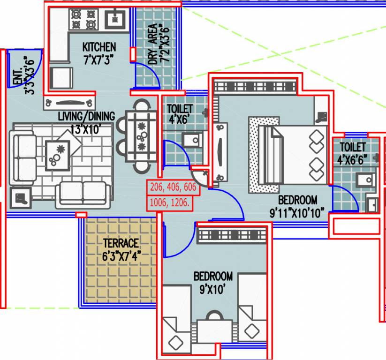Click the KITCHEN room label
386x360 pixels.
point(99,47)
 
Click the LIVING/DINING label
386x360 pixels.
point(86,116)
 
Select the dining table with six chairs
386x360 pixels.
point(140,136)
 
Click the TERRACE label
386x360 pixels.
point(121,243)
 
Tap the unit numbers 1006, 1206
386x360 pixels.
point(170,203)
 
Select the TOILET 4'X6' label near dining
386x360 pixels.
point(180,114)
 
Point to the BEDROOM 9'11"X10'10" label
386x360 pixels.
point(297,207)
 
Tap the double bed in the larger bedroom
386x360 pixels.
point(293,154)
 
